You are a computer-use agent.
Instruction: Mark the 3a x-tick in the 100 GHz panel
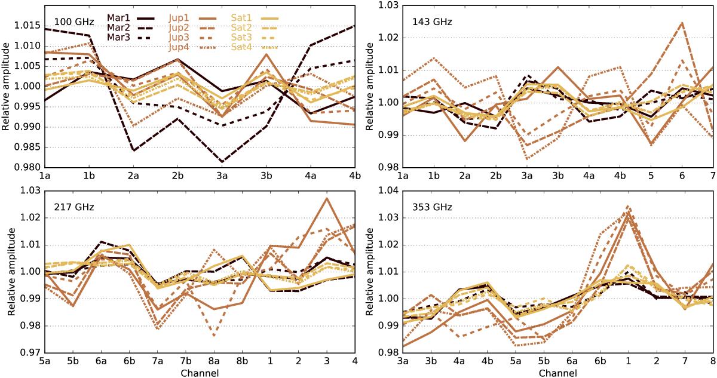pos(222,176)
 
